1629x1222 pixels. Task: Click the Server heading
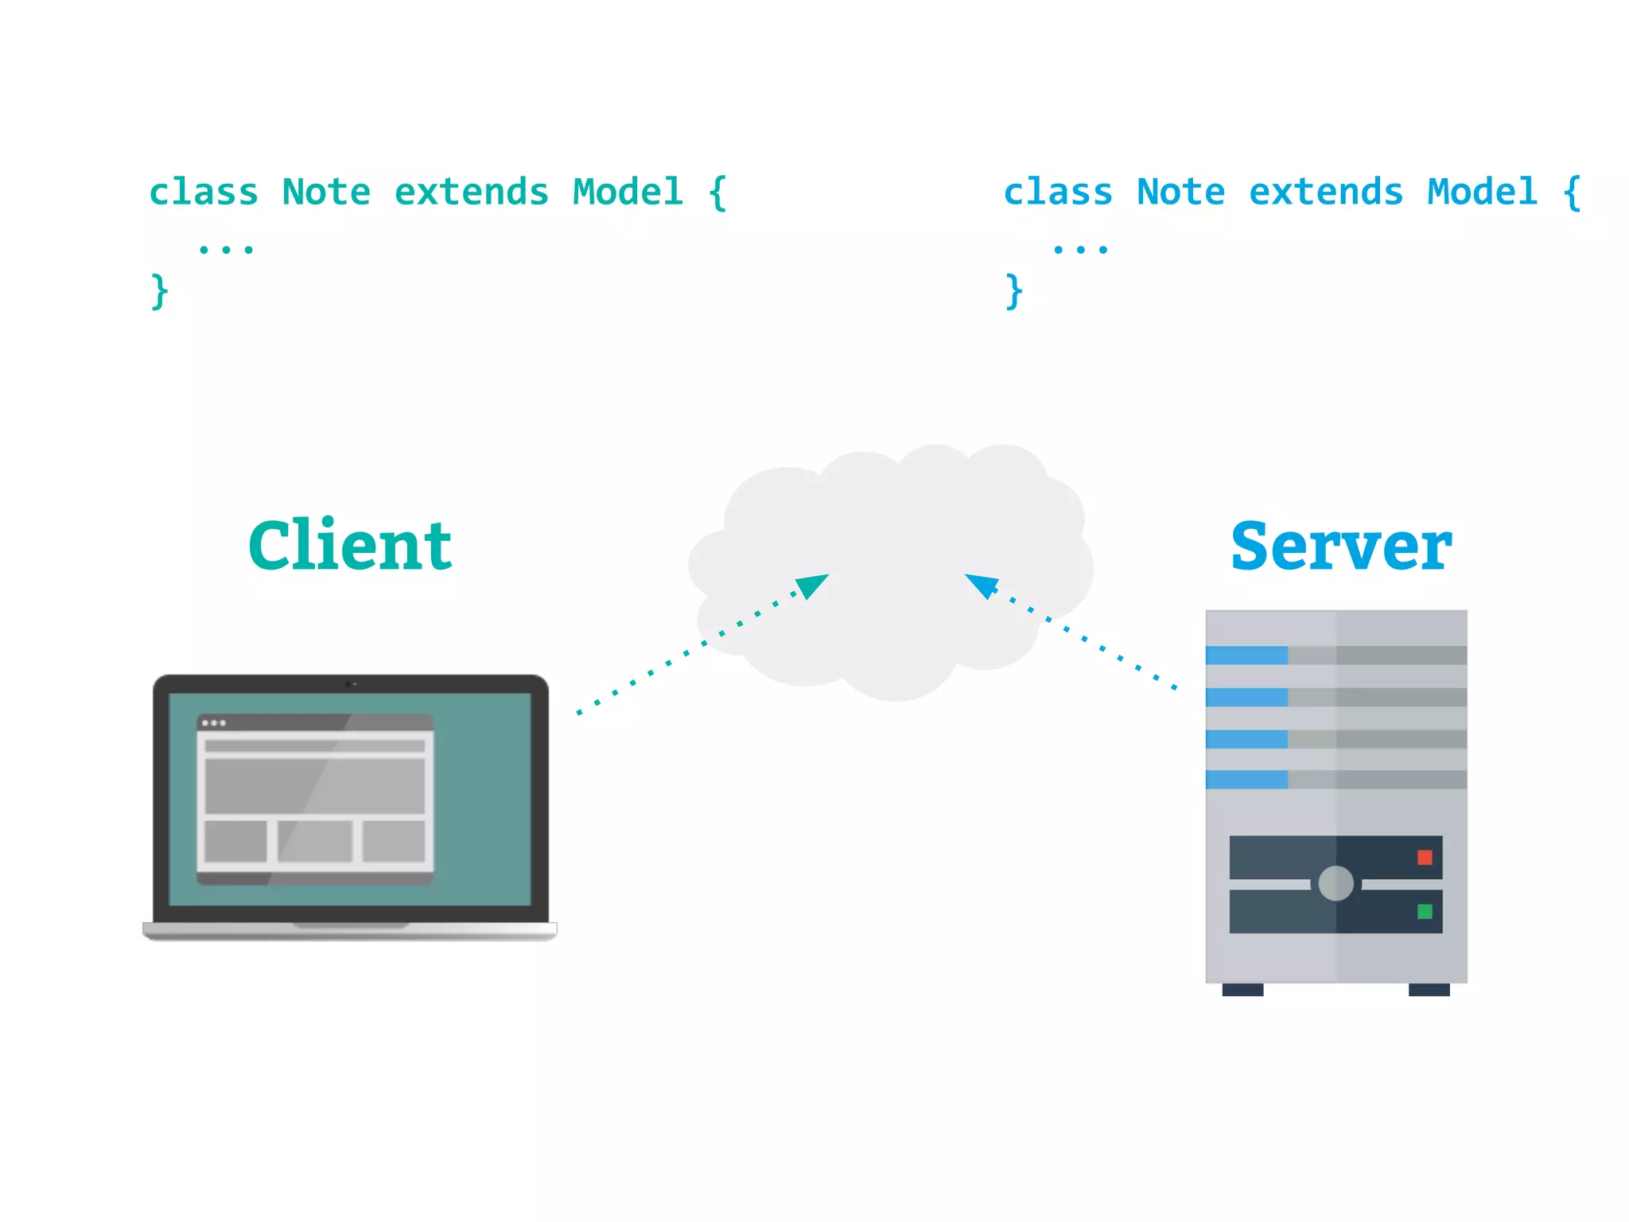coord(1341,547)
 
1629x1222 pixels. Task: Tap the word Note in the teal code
coord(326,193)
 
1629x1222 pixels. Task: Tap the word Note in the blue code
coord(1180,193)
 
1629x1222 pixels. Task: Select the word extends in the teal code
coord(472,193)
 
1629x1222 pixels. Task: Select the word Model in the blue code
coord(1482,193)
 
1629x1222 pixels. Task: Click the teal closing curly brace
coord(159,291)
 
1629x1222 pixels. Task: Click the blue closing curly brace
coord(1013,291)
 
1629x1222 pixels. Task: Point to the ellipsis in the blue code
coord(1080,250)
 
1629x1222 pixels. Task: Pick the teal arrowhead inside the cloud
coord(813,586)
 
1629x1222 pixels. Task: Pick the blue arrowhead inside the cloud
coord(982,585)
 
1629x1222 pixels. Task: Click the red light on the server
coord(1425,857)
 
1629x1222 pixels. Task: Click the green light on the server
coord(1425,911)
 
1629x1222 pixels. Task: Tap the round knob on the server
coord(1335,883)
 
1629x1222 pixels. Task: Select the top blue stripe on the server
coord(1246,655)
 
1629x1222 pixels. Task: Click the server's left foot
coord(1242,990)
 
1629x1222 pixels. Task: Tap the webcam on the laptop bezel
coord(349,683)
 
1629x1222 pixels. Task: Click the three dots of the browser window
coord(214,723)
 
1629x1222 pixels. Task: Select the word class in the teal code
coord(204,193)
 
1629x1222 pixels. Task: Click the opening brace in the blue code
coord(1571,193)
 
